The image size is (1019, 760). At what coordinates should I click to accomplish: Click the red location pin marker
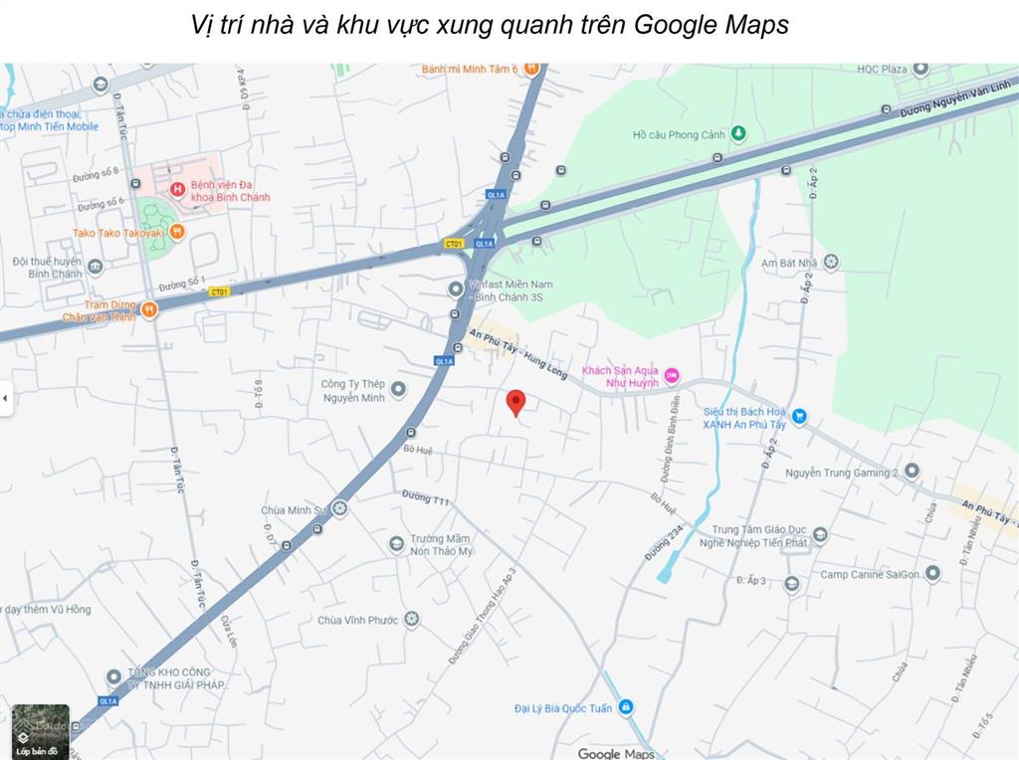point(515,402)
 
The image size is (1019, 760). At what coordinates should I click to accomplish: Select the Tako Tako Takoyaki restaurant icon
point(177,233)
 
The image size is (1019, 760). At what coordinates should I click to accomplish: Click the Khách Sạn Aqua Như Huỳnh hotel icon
point(672,375)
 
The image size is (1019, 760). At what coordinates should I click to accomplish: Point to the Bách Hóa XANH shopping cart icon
point(799,417)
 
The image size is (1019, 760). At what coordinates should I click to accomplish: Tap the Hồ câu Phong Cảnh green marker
point(738,133)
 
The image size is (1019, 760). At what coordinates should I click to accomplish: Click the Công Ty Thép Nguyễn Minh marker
point(398,389)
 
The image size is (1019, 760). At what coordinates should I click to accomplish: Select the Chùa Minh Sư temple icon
point(340,508)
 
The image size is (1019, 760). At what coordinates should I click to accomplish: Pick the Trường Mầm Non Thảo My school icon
point(397,543)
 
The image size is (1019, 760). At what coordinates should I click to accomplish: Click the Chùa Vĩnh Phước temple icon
point(411,619)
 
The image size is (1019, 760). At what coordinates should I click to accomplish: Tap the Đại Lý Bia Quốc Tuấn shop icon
point(626,707)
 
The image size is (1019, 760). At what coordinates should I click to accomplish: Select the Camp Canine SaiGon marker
point(932,573)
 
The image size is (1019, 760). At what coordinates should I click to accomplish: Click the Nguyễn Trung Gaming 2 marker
point(912,472)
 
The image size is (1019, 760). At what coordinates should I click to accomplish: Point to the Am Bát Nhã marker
point(831,262)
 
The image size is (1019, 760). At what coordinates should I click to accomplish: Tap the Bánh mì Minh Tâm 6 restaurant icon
point(531,68)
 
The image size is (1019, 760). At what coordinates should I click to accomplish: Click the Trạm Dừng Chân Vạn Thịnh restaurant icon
point(149,309)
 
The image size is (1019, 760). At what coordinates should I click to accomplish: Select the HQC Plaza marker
point(920,69)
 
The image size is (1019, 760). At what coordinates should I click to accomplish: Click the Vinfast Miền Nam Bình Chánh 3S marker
point(456,289)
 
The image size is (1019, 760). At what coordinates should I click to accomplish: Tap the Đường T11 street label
point(427,496)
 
